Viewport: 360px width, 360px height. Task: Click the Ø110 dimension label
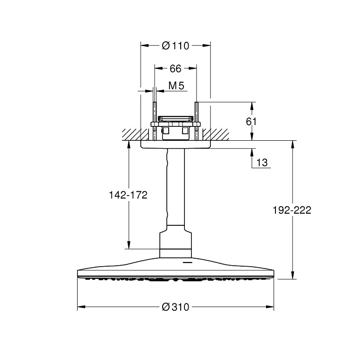pos(176,46)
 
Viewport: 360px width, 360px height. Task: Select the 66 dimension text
pos(176,68)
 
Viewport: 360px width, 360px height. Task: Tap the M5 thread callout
pos(177,85)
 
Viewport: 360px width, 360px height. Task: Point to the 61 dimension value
pos(251,121)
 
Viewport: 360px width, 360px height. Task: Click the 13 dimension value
pos(262,163)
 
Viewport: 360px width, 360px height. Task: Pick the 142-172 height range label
pos(128,195)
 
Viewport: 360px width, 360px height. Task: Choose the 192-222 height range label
pos(292,210)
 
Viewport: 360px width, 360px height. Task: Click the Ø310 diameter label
pos(176,307)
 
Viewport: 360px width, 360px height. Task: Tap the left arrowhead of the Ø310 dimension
pos(81,307)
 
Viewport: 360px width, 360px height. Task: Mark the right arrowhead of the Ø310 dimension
pos(270,307)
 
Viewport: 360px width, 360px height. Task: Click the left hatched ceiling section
pos(135,135)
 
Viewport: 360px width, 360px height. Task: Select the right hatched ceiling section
pos(216,135)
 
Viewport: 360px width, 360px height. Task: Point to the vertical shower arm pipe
pos(176,187)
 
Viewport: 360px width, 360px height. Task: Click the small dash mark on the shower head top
pos(186,262)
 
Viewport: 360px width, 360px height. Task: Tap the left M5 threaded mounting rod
pos(155,121)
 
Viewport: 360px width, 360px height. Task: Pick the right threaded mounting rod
pos(196,121)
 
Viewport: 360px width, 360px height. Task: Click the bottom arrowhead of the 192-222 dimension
pos(293,275)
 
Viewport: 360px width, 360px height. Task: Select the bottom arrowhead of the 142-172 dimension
pos(129,245)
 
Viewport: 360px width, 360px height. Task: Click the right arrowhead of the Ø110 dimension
pos(206,46)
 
